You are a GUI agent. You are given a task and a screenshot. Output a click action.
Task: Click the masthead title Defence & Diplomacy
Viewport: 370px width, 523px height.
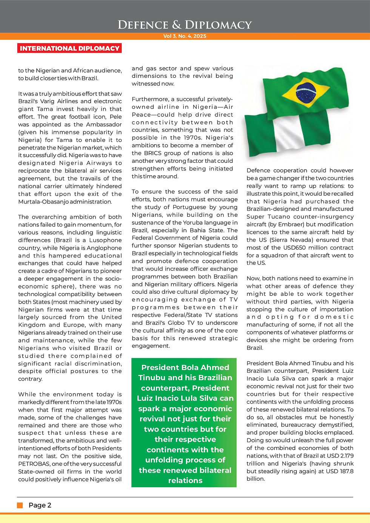click(x=185, y=25)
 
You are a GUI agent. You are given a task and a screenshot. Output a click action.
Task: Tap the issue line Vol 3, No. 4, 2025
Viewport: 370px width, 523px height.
click(x=185, y=36)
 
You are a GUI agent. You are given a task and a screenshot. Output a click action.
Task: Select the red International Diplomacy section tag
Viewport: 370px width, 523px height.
click(x=69, y=48)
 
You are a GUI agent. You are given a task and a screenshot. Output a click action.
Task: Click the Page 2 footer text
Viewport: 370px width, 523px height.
click(x=40, y=505)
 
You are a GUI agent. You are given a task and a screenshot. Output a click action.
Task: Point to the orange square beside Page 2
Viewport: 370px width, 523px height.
click(x=20, y=505)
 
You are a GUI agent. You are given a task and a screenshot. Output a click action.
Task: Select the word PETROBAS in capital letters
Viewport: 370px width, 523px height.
click(x=32, y=464)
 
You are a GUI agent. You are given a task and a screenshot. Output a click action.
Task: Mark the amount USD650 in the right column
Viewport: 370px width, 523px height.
click(x=308, y=248)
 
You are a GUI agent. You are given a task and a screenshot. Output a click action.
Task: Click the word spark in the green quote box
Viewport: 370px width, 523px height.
click(x=149, y=409)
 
